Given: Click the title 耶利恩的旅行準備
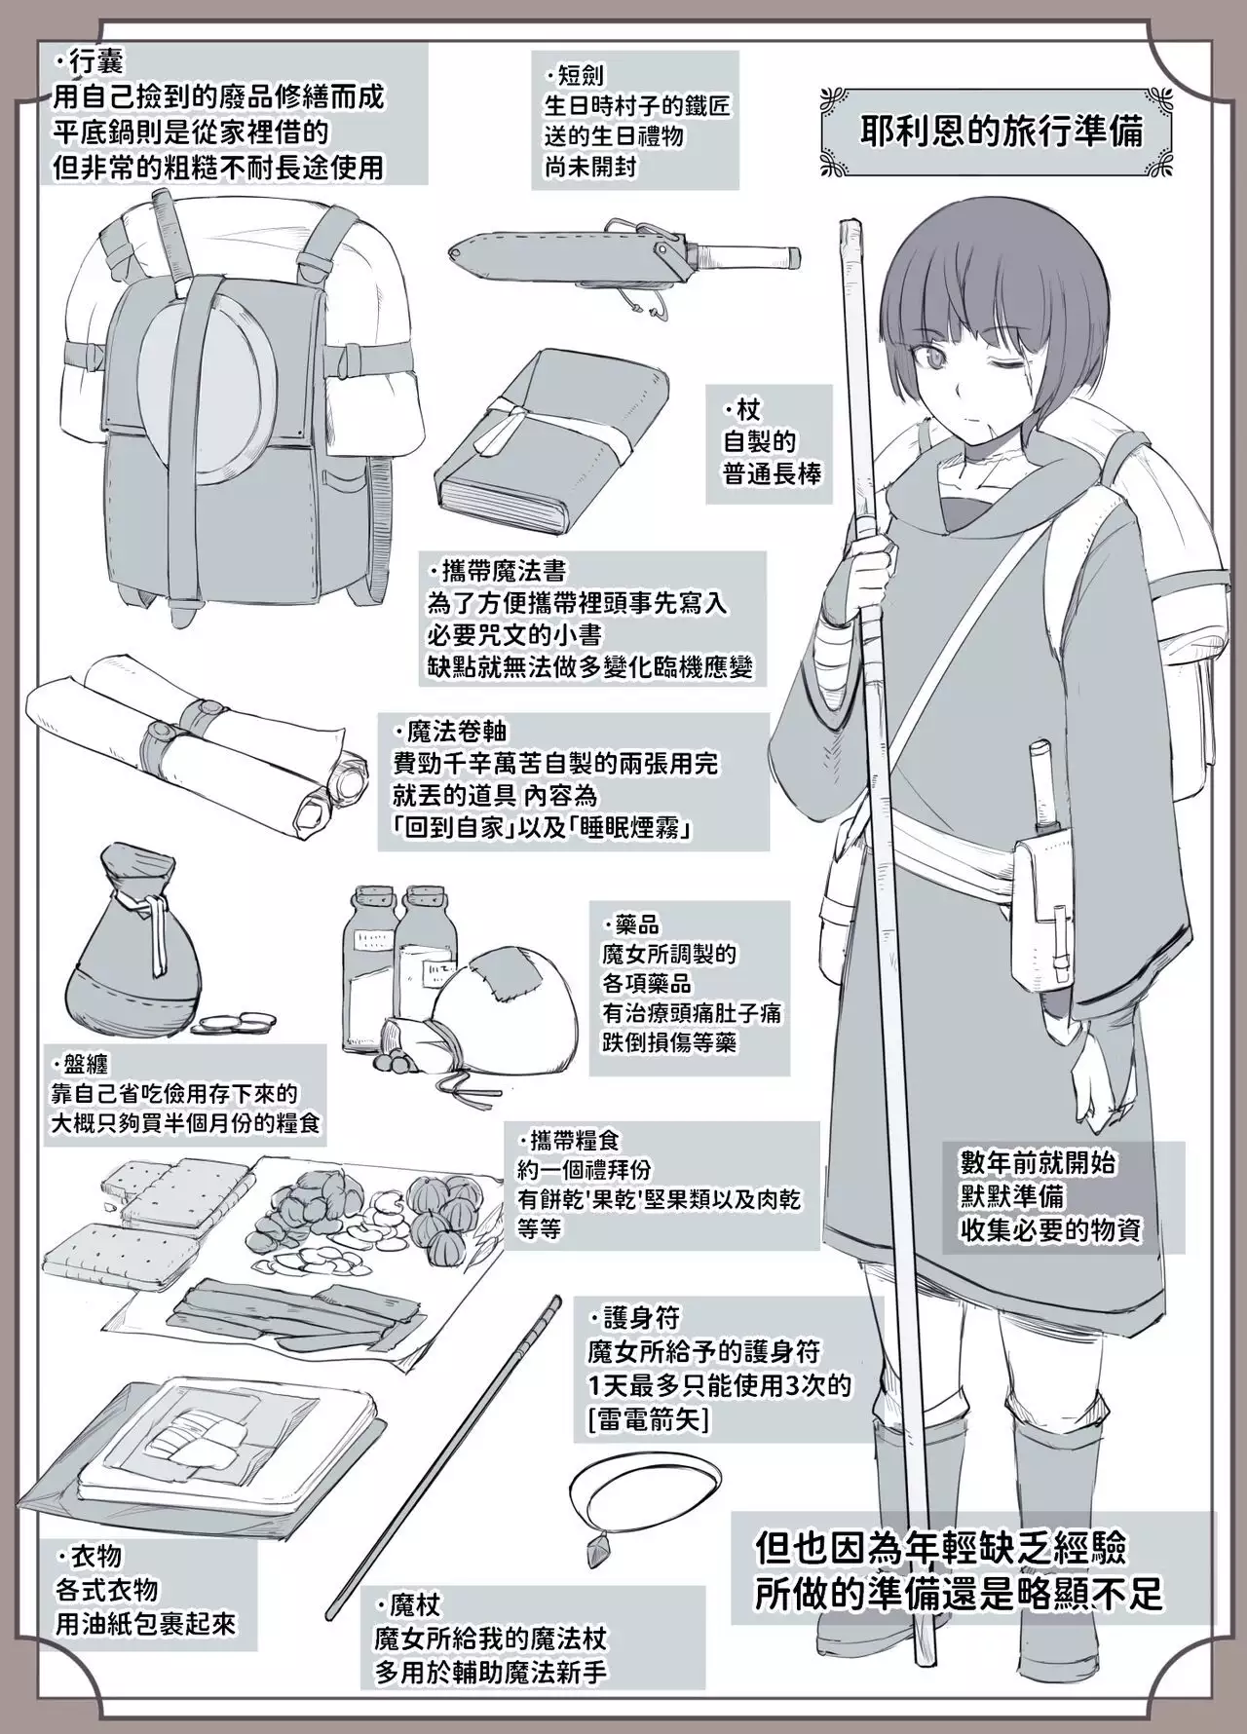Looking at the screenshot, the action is coord(1001,132).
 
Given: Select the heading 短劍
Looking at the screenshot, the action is coord(581,75).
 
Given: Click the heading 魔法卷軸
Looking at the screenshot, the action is coord(451,731).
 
